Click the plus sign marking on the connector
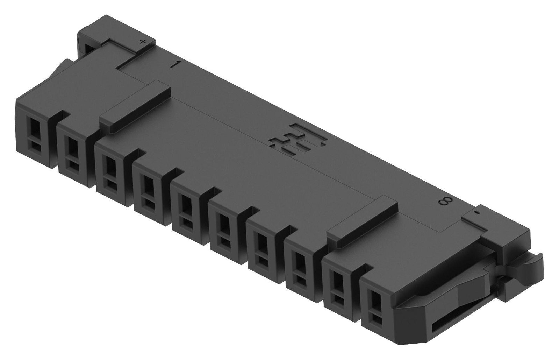(142, 42)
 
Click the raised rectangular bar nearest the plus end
(135, 107)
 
